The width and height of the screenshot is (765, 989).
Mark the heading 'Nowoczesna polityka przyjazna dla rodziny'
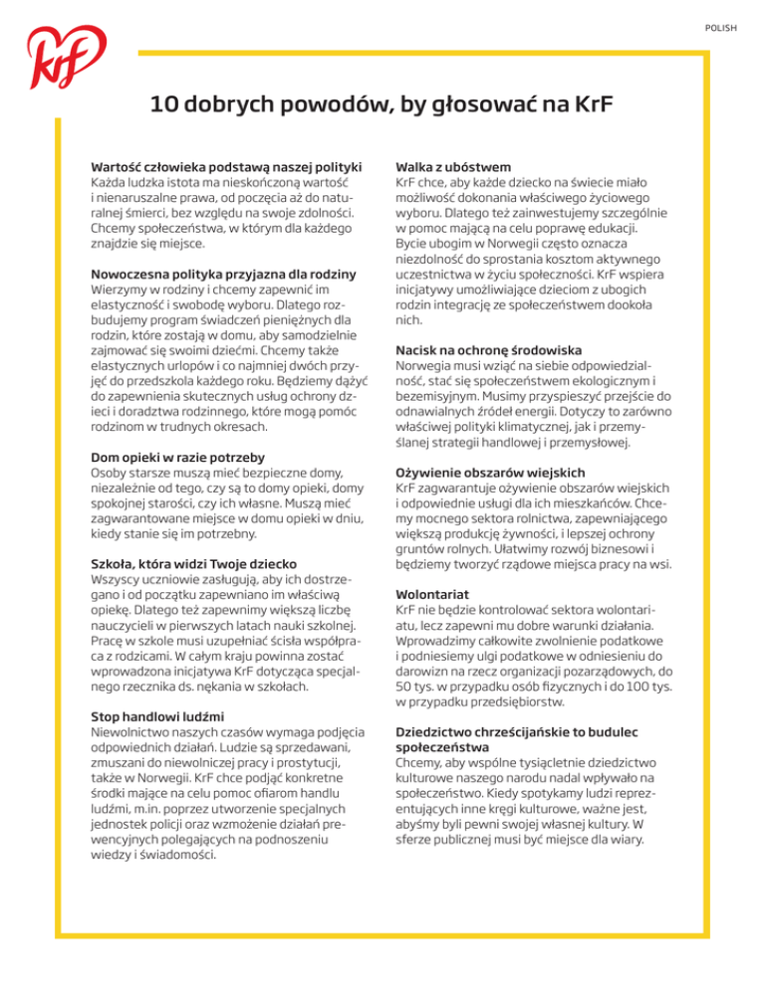pos(224,274)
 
